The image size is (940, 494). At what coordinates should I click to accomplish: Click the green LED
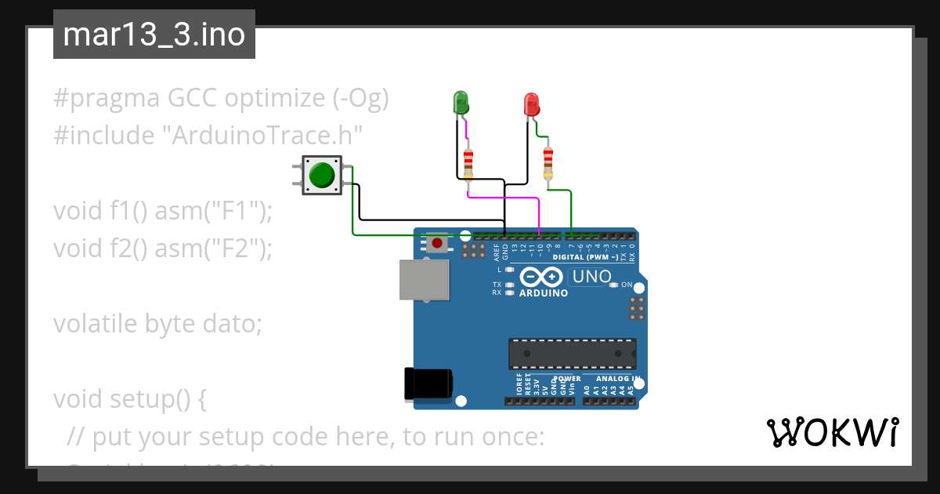461,102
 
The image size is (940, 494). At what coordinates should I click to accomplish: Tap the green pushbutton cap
321,175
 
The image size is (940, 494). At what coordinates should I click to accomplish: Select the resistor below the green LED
468,162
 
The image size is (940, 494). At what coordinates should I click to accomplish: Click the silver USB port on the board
425,280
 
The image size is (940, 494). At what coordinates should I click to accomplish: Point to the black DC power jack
427,383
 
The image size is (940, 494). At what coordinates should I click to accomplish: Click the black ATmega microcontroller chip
572,353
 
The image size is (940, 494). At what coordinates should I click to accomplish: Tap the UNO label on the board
591,276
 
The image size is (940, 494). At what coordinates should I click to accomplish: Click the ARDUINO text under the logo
544,293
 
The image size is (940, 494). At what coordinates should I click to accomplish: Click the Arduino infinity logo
541,277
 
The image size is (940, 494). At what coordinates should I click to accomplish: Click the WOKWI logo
832,432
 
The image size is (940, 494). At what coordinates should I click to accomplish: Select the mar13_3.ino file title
154,35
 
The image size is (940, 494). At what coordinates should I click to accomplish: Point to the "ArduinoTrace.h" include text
262,135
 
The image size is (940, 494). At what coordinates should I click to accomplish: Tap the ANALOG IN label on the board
618,378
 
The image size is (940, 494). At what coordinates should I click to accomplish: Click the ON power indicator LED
613,285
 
